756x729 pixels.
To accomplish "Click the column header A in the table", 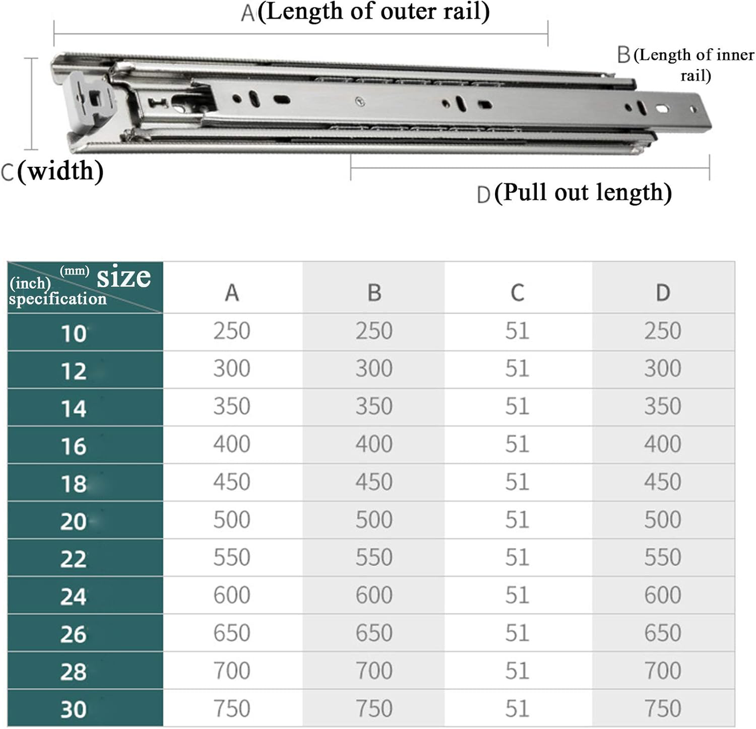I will (232, 293).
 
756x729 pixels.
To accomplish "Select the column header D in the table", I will (662, 293).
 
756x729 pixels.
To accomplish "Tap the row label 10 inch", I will (73, 334).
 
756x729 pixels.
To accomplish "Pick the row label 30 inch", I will (73, 709).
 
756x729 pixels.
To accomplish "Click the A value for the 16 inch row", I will (232, 444).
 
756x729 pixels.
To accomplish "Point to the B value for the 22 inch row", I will (374, 557).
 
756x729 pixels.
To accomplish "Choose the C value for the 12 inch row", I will (517, 369).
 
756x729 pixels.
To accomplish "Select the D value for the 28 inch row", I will (662, 670).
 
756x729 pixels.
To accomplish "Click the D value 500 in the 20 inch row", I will (662, 520).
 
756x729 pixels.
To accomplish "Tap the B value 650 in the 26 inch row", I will (374, 633).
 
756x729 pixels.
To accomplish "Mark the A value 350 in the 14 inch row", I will (232, 406).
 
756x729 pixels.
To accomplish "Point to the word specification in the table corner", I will (58, 299).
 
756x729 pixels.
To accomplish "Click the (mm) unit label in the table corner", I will (74, 270).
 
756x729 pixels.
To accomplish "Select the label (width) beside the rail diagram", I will (60, 171).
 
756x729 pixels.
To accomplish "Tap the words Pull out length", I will (583, 192).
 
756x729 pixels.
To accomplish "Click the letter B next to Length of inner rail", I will (623, 55).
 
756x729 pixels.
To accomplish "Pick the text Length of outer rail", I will (374, 12).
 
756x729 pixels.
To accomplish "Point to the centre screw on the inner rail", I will (360, 101).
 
